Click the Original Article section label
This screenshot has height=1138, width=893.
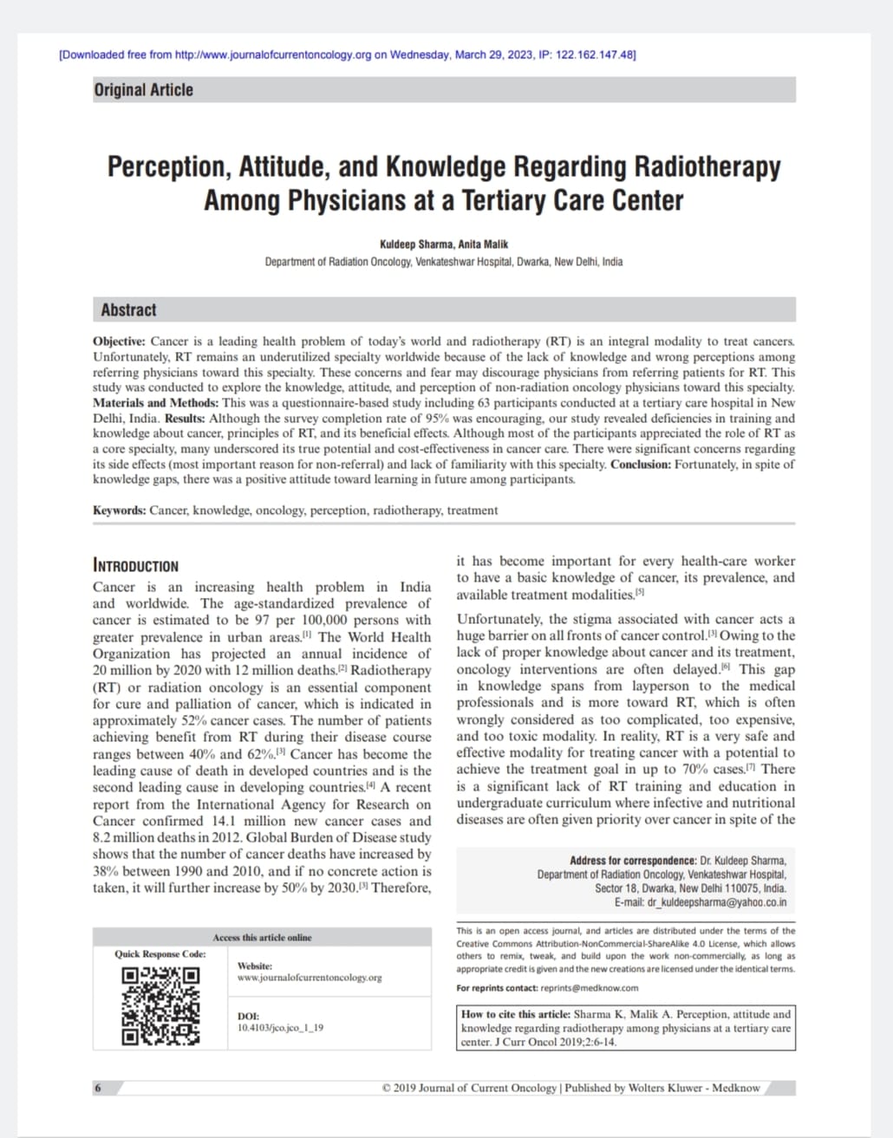tap(144, 90)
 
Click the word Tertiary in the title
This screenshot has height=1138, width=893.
tap(505, 201)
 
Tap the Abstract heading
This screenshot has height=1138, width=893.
tap(128, 310)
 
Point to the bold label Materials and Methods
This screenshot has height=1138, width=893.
tap(156, 403)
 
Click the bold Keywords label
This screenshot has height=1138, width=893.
tap(120, 510)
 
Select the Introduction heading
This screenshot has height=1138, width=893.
tap(135, 566)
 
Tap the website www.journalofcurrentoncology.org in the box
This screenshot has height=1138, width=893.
tap(310, 978)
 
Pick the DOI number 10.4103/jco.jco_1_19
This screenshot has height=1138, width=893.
tap(280, 1028)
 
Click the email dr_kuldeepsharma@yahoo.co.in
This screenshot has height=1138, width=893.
tap(717, 902)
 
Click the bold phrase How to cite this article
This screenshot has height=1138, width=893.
tap(516, 1014)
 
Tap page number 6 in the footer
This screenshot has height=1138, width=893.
tap(98, 1088)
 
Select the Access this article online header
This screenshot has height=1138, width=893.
tap(262, 938)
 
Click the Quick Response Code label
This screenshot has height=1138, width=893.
tap(160, 954)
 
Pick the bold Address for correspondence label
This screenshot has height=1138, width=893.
tap(633, 861)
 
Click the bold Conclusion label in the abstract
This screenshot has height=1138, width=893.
tap(644, 465)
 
